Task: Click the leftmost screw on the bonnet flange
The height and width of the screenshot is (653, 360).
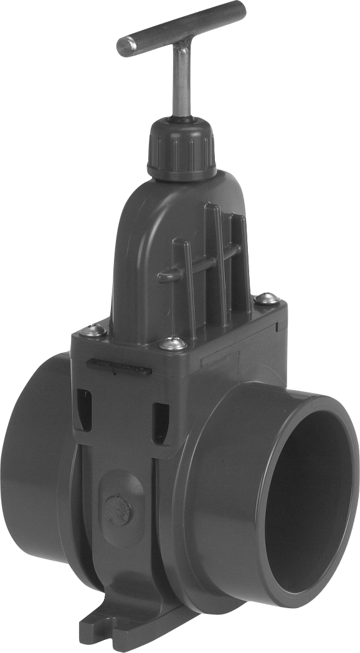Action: [95, 330]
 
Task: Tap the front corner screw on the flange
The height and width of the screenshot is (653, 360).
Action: [174, 343]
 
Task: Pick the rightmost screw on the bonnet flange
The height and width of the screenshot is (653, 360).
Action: [266, 299]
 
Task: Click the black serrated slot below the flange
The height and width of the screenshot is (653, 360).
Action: [118, 368]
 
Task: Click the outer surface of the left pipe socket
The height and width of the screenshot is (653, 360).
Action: [31, 461]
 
